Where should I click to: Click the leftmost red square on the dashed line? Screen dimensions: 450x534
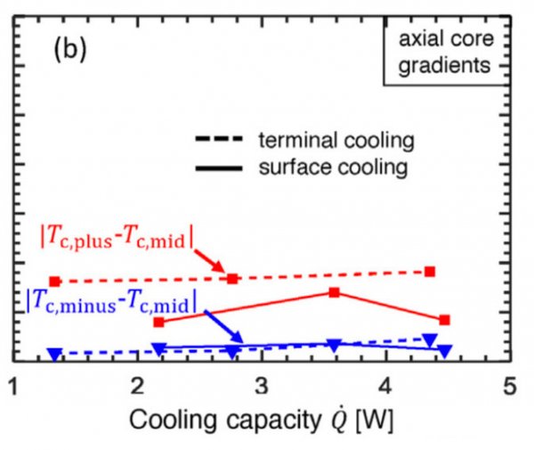pyautogui.click(x=54, y=282)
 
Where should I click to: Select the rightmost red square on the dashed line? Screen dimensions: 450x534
pyautogui.click(x=430, y=271)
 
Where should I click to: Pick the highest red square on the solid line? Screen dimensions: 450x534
pyautogui.click(x=335, y=292)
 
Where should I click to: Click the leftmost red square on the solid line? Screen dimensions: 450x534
pyautogui.click(x=159, y=322)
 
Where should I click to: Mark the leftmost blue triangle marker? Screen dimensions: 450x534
pyautogui.click(x=54, y=354)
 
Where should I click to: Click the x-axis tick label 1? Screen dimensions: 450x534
pyautogui.click(x=13, y=389)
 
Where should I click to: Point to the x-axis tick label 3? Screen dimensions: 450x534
pyautogui.click(x=262, y=389)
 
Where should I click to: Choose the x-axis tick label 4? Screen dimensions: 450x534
pyautogui.click(x=385, y=389)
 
